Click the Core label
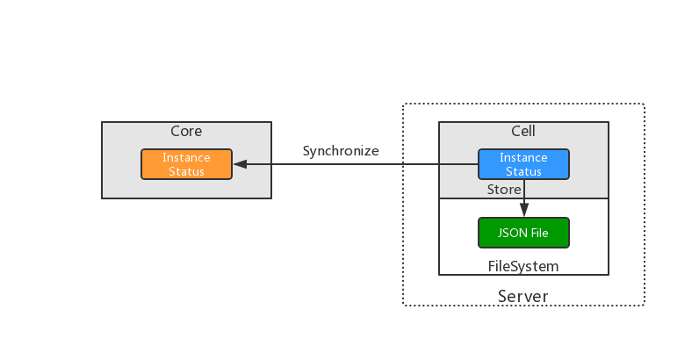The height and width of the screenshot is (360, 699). pos(186,132)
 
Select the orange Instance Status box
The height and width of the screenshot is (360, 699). pos(186,164)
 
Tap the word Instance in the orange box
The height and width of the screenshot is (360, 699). pos(186,158)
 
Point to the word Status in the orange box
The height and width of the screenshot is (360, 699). pos(186,171)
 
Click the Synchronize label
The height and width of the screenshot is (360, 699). pos(341,151)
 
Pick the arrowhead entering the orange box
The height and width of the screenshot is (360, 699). pos(239,164)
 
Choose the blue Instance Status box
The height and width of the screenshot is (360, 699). pos(523,164)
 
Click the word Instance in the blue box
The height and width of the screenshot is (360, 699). pos(523,158)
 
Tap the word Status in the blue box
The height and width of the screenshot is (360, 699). pos(523,171)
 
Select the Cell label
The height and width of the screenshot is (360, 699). pos(523,132)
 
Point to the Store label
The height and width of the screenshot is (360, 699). pos(504,189)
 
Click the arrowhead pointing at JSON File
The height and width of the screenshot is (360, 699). pos(524,211)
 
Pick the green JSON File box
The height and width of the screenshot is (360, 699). pos(523,233)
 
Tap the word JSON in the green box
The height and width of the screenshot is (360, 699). pos(512,233)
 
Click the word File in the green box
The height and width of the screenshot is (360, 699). pos(538,233)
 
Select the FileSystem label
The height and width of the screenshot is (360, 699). pos(523,265)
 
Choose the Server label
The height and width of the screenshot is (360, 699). pos(523,296)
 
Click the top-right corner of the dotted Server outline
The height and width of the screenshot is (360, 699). pos(644,105)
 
